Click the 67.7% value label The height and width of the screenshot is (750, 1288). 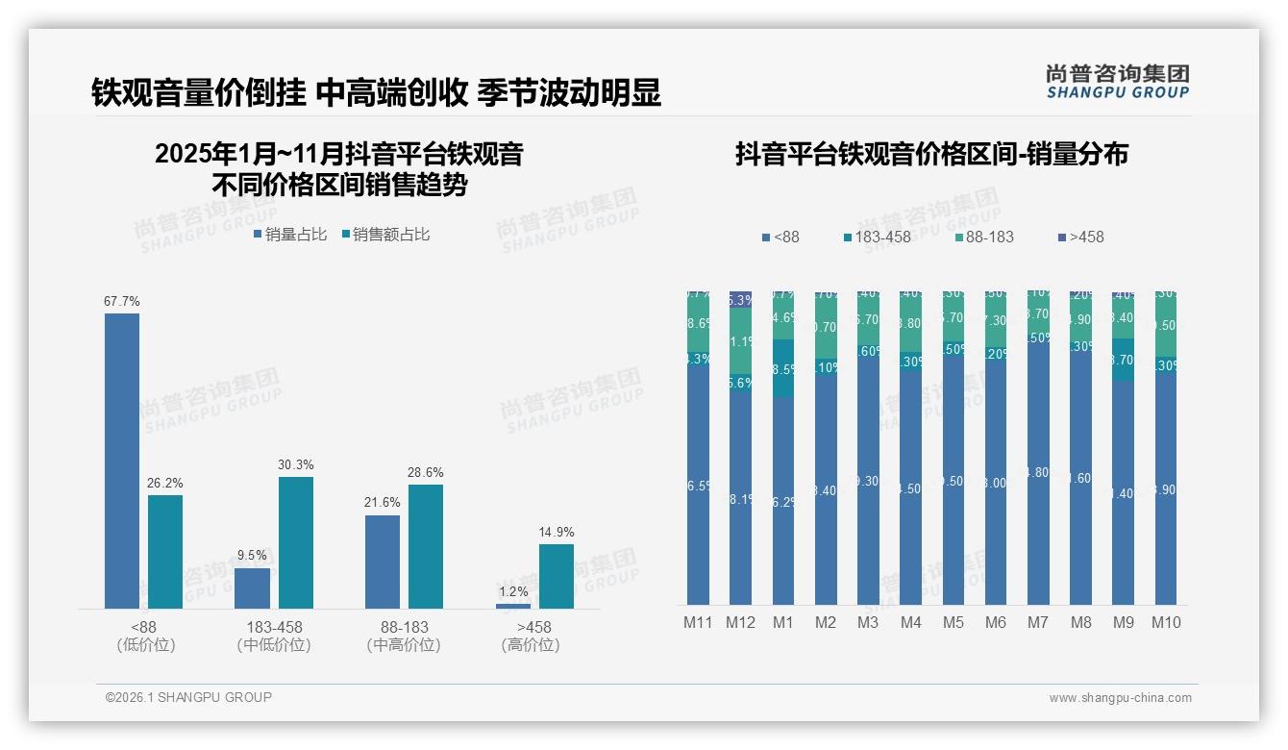pos(122,301)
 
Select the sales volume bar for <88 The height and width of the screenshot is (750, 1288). pos(122,461)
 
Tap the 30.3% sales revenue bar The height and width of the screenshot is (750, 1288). pos(296,542)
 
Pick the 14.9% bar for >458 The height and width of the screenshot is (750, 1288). pos(556,576)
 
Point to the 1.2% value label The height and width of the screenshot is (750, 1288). pos(513,591)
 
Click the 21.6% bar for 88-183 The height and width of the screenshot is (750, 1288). pos(383,562)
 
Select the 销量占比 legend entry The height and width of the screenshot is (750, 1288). pos(289,234)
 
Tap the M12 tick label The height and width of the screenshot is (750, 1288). pos(740,622)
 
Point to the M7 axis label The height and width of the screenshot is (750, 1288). pos(1037,622)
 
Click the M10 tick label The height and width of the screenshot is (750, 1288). pos(1166,622)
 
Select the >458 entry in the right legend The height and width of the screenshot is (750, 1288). pos(1080,237)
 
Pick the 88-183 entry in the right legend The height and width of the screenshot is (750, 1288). pos(984,237)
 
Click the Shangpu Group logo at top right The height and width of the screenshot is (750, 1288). pos(1117,81)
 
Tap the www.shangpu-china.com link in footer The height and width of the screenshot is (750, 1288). pos(1120,698)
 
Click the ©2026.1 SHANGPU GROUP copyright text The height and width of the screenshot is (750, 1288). pos(188,697)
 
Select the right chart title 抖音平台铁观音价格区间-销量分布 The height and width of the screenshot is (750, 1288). pos(931,154)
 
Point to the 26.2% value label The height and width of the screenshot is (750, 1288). pos(165,483)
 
